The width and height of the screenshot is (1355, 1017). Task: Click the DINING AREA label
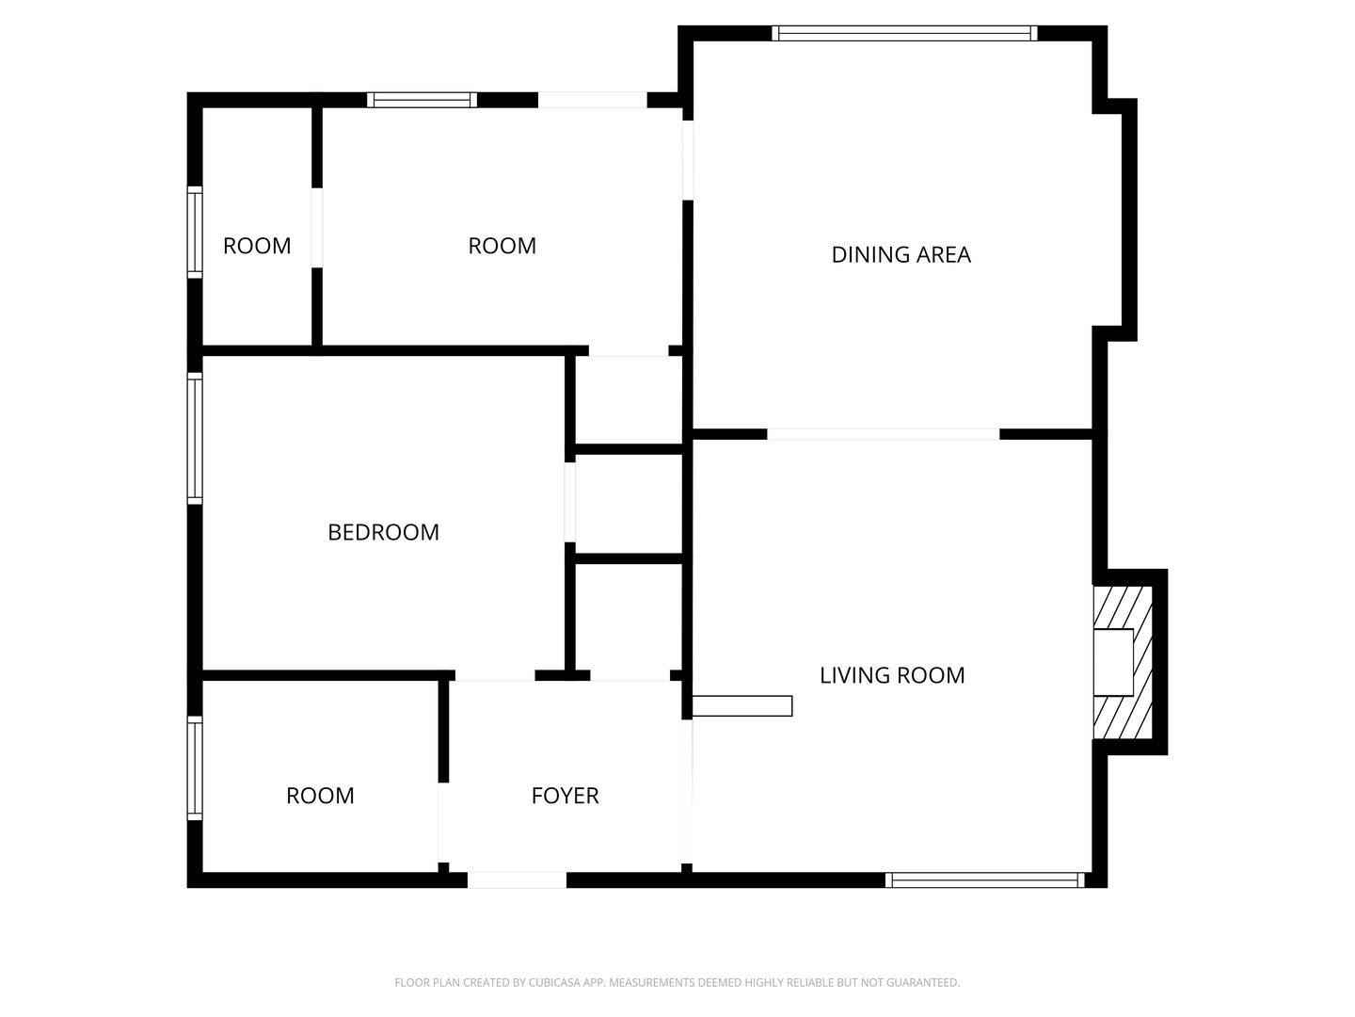(901, 254)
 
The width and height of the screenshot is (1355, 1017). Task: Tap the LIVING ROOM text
(892, 675)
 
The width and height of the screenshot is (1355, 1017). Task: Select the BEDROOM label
(383, 532)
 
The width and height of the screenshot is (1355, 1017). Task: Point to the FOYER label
(565, 796)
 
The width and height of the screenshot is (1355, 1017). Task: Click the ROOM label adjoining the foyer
(320, 796)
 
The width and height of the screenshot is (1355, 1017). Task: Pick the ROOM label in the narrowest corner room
(257, 246)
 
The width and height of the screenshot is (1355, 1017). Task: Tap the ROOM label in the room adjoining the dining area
(502, 246)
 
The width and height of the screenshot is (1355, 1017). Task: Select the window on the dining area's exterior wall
(904, 34)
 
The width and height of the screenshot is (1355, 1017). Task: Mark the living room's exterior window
(984, 880)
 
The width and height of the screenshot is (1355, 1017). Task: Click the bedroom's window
(195, 438)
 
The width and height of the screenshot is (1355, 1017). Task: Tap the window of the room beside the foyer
(195, 767)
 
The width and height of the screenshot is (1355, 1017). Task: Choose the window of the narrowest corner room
(195, 232)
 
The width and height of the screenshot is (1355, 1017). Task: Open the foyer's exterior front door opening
(517, 880)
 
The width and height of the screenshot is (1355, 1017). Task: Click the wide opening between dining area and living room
(883, 434)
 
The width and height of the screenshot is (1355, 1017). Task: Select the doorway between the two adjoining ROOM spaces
(317, 228)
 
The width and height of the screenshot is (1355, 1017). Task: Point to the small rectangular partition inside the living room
(742, 705)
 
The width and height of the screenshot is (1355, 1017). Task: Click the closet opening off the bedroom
(570, 502)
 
